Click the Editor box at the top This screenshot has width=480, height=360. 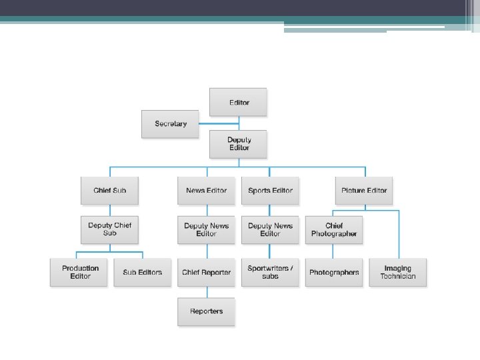click(238, 102)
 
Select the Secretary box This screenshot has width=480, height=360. click(170, 124)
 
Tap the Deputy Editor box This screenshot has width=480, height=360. click(238, 144)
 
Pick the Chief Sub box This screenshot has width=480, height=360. click(110, 191)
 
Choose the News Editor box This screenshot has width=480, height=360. click(206, 191)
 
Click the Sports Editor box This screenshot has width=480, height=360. click(270, 191)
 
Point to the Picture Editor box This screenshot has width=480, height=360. click(364, 191)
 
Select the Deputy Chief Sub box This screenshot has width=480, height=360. click(110, 229)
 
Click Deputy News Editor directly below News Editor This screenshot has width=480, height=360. click(206, 229)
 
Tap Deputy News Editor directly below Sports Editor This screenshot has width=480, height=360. click(270, 229)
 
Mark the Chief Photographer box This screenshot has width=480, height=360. click(334, 229)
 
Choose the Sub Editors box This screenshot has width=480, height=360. click(142, 272)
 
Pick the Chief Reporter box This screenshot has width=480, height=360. click(206, 272)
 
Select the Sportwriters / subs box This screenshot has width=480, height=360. click(270, 272)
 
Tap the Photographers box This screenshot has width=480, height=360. click(334, 272)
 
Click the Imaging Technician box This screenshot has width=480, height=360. click(398, 272)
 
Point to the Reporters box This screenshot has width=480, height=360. click(206, 311)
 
